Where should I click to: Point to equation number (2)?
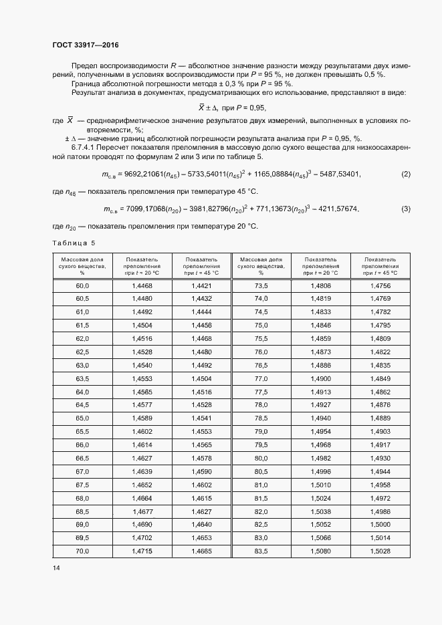[x=405, y=174]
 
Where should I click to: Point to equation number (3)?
[x=405, y=209]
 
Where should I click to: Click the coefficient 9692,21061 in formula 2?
[x=145, y=174]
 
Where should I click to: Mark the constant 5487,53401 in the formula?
[x=336, y=174]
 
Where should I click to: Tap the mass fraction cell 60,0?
[x=82, y=285]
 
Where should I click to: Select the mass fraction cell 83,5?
[x=261, y=551]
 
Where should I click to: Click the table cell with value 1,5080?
[x=321, y=551]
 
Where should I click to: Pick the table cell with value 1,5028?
[x=380, y=551]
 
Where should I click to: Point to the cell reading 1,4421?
[x=201, y=285]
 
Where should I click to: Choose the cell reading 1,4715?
[x=142, y=551]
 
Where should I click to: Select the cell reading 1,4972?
[x=380, y=498]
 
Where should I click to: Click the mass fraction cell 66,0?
[x=82, y=445]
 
